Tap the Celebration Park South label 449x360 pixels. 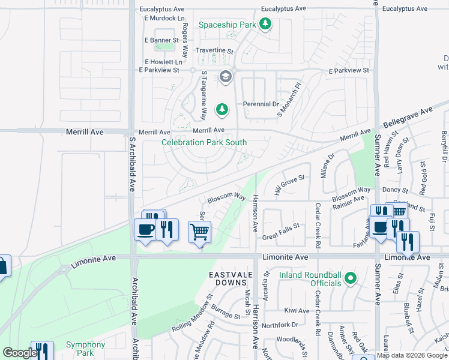click(x=203, y=142)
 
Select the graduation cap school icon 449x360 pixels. click(x=225, y=76)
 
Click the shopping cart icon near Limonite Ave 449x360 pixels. click(x=199, y=231)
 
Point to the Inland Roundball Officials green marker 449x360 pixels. click(x=351, y=278)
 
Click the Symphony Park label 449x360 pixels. click(x=85, y=348)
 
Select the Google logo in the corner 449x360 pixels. click(x=19, y=353)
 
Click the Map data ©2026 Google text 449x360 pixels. click(x=411, y=355)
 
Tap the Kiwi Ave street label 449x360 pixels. click(x=297, y=311)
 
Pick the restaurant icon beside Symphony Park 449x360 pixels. click(x=41, y=351)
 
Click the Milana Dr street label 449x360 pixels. click(x=327, y=164)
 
